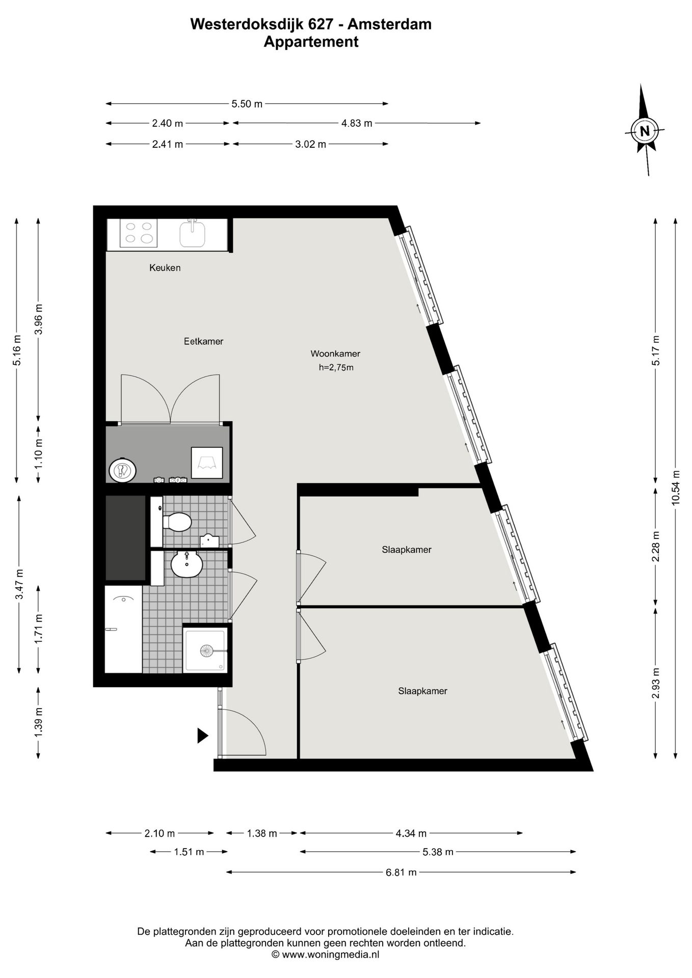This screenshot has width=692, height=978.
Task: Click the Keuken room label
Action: (x=165, y=267)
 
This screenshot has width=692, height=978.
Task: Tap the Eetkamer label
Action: (x=203, y=341)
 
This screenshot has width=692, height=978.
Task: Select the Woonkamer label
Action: (x=335, y=354)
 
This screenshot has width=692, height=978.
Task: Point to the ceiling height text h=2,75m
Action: (x=336, y=367)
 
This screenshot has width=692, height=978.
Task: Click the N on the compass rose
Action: (x=645, y=131)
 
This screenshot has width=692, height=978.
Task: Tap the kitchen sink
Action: (x=192, y=234)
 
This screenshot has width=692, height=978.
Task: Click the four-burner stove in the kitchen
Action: (x=139, y=233)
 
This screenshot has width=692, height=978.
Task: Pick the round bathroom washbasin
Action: (x=187, y=564)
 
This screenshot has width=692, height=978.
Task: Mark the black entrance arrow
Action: (x=203, y=735)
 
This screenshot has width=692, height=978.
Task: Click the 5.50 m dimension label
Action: (x=247, y=104)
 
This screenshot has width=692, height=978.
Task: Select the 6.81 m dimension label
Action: (x=401, y=872)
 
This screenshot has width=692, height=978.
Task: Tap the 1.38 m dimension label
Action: (x=262, y=833)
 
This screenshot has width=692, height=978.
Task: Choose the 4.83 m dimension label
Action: (x=357, y=123)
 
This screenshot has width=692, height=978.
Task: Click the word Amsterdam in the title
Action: (x=389, y=24)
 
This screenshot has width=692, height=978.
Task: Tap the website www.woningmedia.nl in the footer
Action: (x=330, y=955)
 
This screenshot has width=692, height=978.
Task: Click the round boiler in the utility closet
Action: (x=122, y=470)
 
